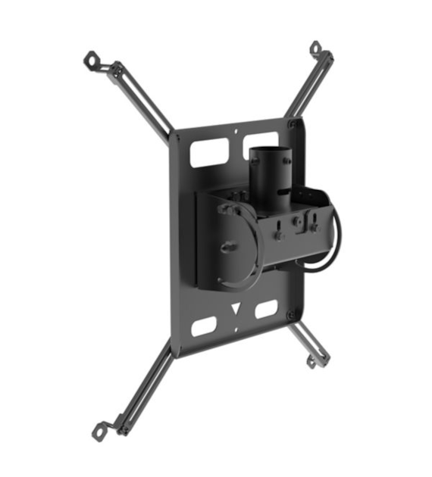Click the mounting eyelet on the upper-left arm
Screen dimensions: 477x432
click(91, 58)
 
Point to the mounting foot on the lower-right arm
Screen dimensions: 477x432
click(311, 363)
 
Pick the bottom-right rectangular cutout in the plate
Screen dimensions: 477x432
click(265, 310)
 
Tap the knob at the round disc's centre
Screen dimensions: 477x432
click(229, 247)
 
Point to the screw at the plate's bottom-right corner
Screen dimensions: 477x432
click(292, 314)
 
